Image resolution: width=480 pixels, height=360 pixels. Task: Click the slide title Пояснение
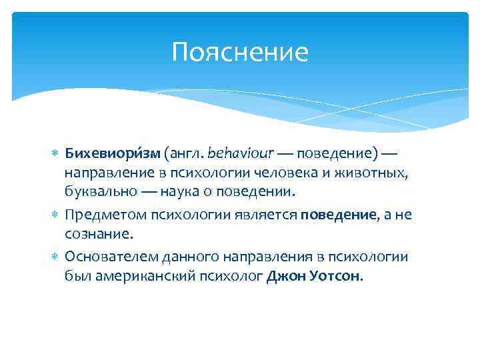[240, 52]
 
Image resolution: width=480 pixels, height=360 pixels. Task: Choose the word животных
[374, 173]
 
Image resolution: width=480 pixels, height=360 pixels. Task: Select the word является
[266, 215]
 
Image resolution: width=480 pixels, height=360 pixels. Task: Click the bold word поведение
[338, 215]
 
